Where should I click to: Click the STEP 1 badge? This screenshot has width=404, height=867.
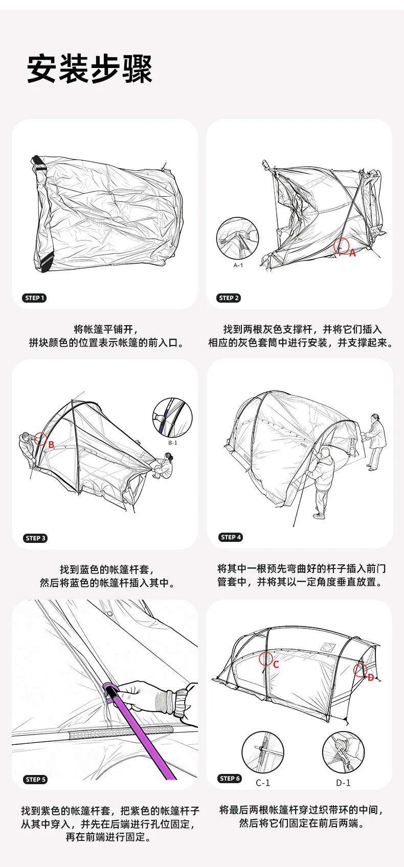click(34, 298)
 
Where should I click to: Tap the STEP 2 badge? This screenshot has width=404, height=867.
click(229, 298)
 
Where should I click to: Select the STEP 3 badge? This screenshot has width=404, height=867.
click(36, 538)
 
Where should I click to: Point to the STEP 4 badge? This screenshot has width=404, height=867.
click(231, 537)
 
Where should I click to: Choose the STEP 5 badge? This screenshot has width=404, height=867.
click(36, 779)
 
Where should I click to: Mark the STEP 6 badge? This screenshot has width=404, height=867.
click(230, 779)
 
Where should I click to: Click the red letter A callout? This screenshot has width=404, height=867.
click(352, 253)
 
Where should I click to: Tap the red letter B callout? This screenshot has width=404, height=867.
click(51, 445)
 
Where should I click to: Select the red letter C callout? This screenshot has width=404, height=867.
click(276, 665)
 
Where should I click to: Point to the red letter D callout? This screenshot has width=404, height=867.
click(371, 677)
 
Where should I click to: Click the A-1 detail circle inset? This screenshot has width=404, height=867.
click(237, 238)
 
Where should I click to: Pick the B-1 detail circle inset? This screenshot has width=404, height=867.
click(172, 418)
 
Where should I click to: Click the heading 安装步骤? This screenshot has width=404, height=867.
click(89, 69)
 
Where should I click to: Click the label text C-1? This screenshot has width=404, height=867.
click(263, 783)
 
